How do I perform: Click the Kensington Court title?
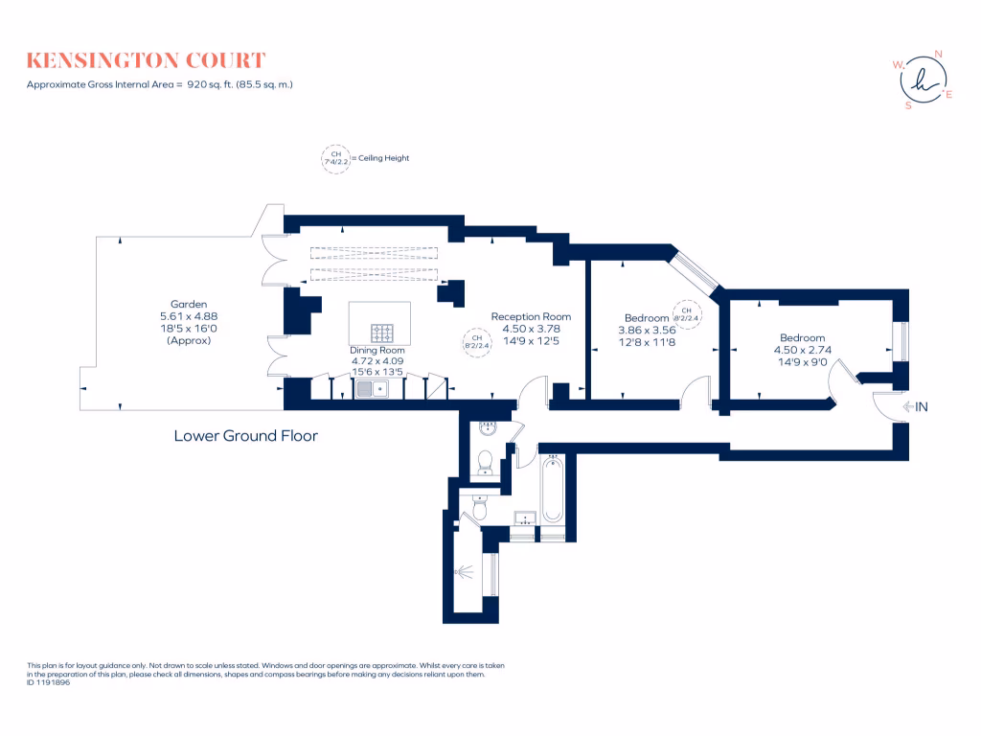147,61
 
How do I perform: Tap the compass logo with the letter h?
924,80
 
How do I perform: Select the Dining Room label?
377,350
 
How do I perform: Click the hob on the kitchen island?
383,333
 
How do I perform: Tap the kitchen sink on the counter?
370,388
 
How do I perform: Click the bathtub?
552,490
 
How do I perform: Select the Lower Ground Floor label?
245,436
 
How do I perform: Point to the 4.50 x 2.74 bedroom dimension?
802,350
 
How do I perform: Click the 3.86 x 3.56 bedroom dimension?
648,330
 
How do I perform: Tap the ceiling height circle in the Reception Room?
477,341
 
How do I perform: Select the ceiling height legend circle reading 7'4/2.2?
335,158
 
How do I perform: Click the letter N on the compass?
938,55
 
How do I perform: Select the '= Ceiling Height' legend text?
380,158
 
